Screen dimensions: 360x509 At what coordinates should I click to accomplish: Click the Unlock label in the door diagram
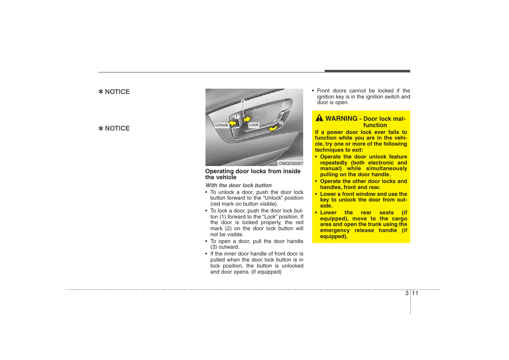click(x=222, y=125)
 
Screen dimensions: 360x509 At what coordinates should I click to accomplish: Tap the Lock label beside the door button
click(x=254, y=125)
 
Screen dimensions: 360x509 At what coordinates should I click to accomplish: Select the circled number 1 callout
click(x=236, y=117)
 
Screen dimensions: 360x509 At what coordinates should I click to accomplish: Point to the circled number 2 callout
click(x=243, y=101)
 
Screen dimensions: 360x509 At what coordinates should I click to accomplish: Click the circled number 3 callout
click(x=281, y=123)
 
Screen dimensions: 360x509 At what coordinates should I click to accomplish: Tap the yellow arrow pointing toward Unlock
click(x=233, y=123)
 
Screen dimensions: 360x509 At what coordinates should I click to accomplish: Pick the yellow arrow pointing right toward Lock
click(x=247, y=119)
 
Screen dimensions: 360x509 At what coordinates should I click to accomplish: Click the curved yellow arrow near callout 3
click(x=273, y=128)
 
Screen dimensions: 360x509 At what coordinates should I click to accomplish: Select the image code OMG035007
click(x=291, y=163)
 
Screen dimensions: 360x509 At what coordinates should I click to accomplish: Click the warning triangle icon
click(x=319, y=118)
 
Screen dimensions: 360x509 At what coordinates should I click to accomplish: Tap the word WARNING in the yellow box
click(x=341, y=118)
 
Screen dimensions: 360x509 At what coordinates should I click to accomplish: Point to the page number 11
click(x=415, y=293)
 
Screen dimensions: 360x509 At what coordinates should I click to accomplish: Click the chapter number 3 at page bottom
click(x=406, y=293)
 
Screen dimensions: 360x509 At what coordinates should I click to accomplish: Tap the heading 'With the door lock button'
click(x=238, y=185)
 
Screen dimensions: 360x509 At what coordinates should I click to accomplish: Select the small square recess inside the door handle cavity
click(x=258, y=112)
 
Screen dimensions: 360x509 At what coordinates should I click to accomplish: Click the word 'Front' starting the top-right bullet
click(x=323, y=91)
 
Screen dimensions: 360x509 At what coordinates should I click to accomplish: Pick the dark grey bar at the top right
click(x=367, y=71)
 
